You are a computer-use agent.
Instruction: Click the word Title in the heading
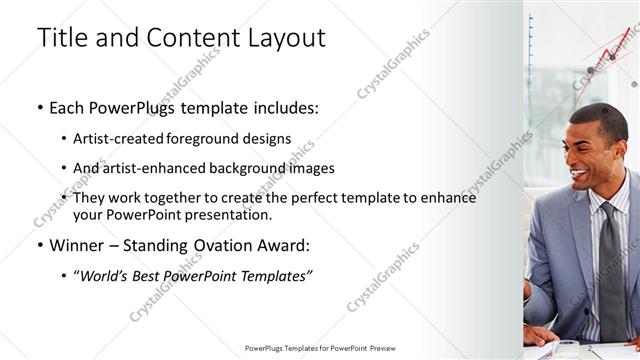[63, 38]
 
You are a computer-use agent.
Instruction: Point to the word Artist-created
[126, 138]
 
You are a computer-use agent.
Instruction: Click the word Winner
[77, 245]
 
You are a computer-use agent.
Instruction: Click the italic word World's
[106, 275]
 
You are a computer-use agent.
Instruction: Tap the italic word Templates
[274, 275]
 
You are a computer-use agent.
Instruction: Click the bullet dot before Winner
[39, 245]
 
